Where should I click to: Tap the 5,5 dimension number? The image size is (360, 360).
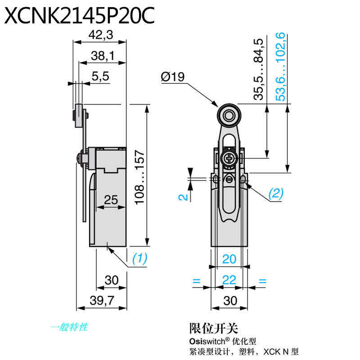pos(100,76)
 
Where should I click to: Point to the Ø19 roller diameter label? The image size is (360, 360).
pos(172,77)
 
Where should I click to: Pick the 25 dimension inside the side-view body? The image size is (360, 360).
pos(111,199)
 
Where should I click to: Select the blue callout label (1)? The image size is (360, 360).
pos(139,259)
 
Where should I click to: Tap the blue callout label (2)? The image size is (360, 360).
pos(275,194)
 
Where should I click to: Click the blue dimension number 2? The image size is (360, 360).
pos(180,196)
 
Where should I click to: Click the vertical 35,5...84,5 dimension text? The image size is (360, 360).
pos(258,70)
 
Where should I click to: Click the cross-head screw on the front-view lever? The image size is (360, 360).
pos(229,157)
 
